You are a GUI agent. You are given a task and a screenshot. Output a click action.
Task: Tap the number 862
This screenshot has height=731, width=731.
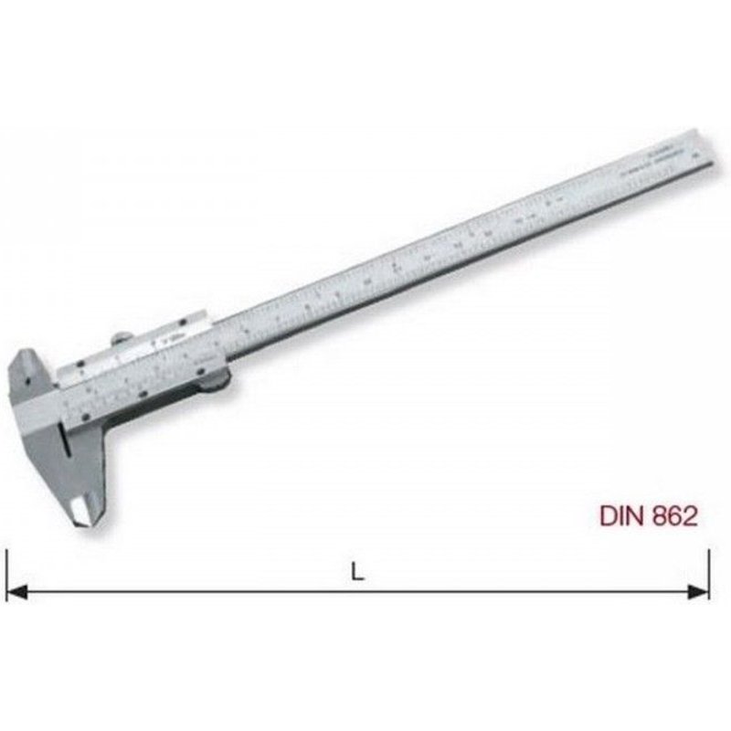point(673,516)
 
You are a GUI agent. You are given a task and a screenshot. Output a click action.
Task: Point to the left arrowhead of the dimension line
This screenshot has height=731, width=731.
point(16,592)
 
